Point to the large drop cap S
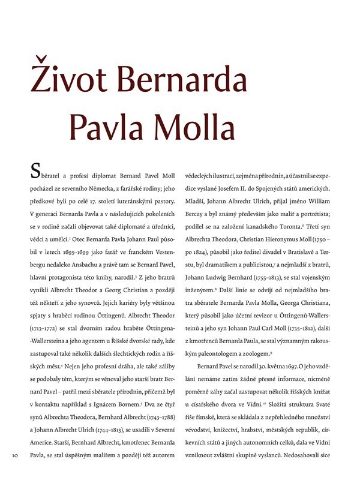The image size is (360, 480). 35,173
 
